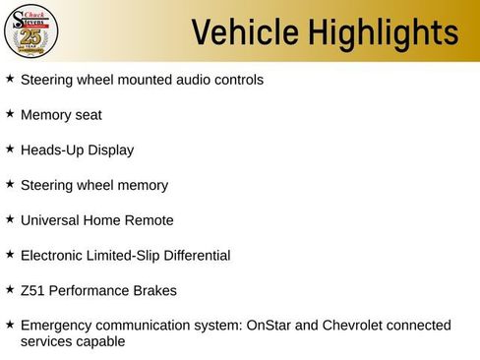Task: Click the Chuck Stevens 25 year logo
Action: pyautogui.click(x=31, y=31)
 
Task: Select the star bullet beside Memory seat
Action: pyautogui.click(x=10, y=114)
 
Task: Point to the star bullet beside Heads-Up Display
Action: pyautogui.click(x=10, y=150)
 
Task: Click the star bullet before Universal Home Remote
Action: pyautogui.click(x=10, y=219)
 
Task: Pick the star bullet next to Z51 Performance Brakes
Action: pyautogui.click(x=10, y=290)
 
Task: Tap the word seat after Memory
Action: pyautogui.click(x=87, y=115)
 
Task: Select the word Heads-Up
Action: pyautogui.click(x=51, y=150)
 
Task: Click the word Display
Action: pyautogui.click(x=110, y=150)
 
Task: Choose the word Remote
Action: pyautogui.click(x=149, y=220)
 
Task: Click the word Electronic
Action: pyautogui.click(x=53, y=256)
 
